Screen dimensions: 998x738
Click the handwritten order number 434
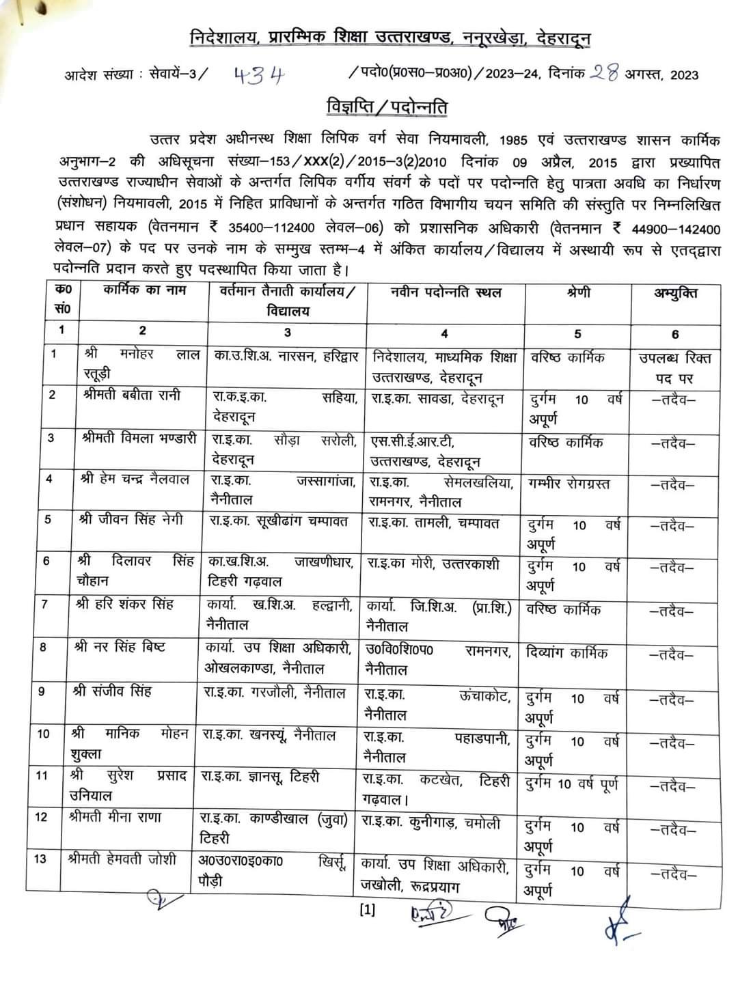click(258, 74)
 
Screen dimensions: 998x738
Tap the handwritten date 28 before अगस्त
click(605, 72)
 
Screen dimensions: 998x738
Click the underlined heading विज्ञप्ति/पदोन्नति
click(386, 108)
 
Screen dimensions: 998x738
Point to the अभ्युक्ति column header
click(675, 293)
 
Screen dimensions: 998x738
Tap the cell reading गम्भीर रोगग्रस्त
click(569, 484)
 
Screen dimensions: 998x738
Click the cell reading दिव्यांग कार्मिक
click(567, 652)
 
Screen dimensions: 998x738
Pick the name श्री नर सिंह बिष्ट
click(120, 647)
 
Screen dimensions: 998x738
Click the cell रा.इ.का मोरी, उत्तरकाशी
click(434, 565)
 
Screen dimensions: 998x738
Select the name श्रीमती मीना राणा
click(115, 817)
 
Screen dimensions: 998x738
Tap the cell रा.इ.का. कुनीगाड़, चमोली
click(432, 824)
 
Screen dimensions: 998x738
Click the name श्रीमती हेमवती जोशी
click(122, 859)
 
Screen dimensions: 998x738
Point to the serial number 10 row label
click(43, 734)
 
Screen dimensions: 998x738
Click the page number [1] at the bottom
click(367, 910)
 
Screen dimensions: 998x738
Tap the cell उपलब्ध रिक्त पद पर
click(675, 368)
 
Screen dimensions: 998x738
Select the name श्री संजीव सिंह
click(112, 691)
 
